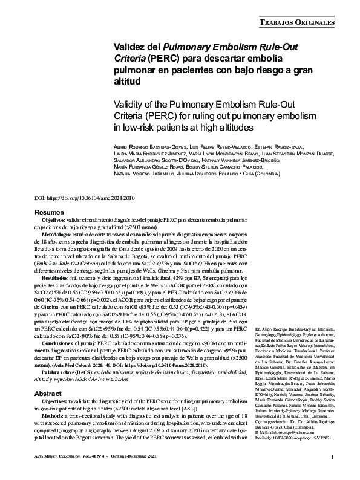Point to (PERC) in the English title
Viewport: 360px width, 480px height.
159,115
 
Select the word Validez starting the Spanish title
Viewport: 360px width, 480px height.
132,47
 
